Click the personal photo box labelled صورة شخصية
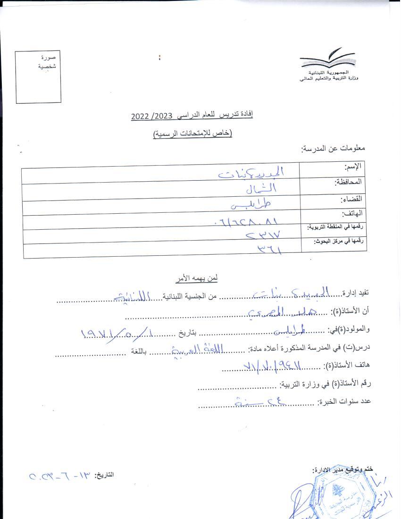pyautogui.click(x=38, y=76)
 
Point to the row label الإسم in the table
pyautogui.click(x=353, y=167)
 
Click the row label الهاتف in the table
pyautogui.click(x=352, y=213)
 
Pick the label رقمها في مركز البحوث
pyautogui.click(x=340, y=241)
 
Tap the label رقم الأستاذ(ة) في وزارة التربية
pyautogui.click(x=326, y=384)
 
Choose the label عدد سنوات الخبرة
pyautogui.click(x=344, y=402)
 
